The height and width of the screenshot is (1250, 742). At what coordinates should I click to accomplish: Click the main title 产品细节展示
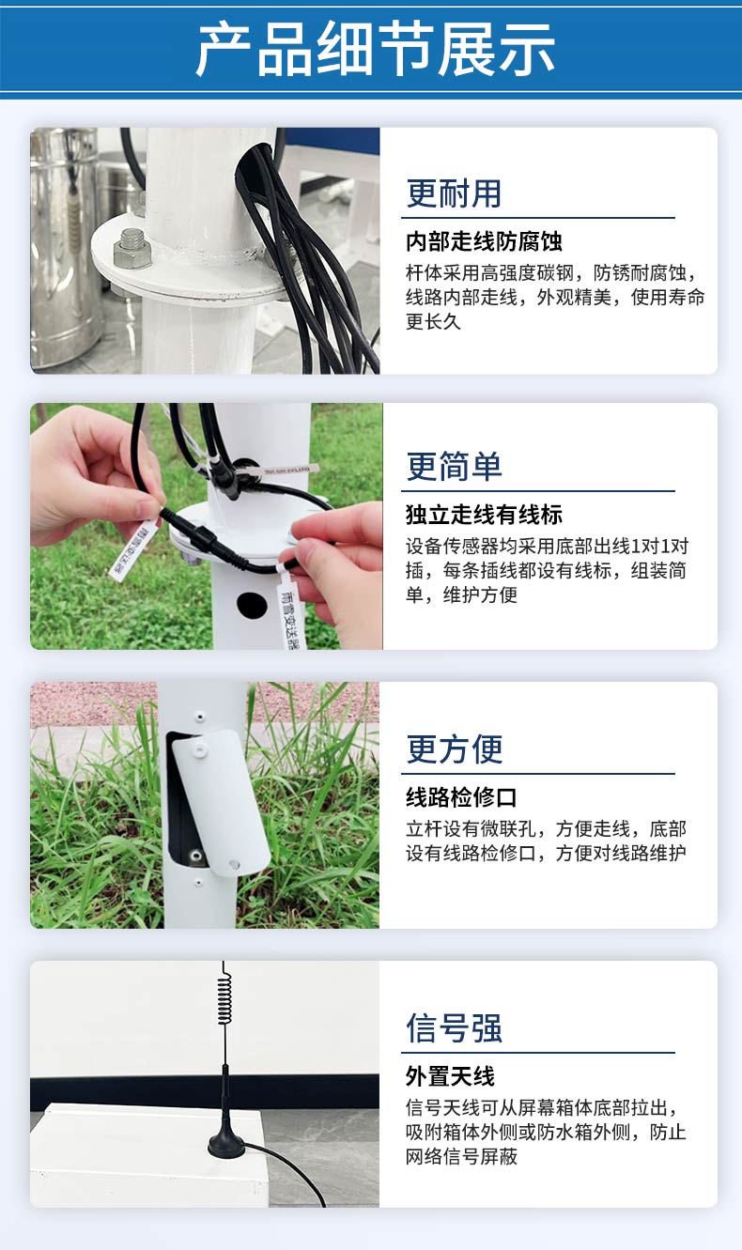tap(375, 48)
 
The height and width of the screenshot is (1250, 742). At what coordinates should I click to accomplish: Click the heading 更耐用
tap(454, 193)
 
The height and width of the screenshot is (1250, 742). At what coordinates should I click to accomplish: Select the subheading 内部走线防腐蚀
tap(484, 241)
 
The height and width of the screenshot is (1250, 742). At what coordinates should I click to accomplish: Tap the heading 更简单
tap(454, 467)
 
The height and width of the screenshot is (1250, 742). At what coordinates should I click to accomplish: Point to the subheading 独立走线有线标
tap(484, 515)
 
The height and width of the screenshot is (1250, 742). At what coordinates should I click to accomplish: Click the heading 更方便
tap(455, 749)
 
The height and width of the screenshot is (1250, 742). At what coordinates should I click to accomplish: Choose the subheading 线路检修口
tap(461, 797)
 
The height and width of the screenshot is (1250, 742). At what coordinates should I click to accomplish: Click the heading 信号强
tap(454, 1028)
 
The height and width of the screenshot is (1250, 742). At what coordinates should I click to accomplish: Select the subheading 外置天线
tap(450, 1076)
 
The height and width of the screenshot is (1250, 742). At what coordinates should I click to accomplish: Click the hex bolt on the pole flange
tap(131, 249)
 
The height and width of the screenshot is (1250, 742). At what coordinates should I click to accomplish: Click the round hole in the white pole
tap(252, 605)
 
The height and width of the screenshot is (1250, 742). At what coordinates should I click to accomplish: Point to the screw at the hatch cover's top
tap(200, 749)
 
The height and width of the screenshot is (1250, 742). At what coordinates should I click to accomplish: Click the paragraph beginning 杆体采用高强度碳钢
tap(554, 297)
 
